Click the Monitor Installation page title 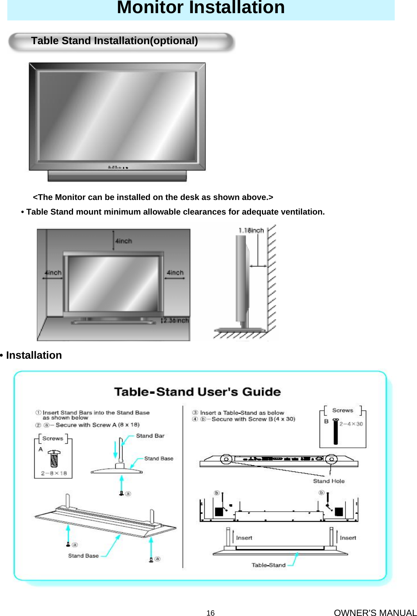click(201, 8)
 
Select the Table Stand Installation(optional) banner click(115, 41)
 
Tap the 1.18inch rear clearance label click(251, 231)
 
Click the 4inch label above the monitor click(124, 241)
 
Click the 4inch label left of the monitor click(53, 273)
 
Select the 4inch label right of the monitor click(175, 273)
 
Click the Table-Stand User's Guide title click(197, 392)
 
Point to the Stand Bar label click(150, 436)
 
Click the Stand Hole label click(329, 481)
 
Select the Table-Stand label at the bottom click(269, 565)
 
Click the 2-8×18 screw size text click(54, 473)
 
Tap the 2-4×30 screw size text click(351, 424)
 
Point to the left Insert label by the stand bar click(244, 538)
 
